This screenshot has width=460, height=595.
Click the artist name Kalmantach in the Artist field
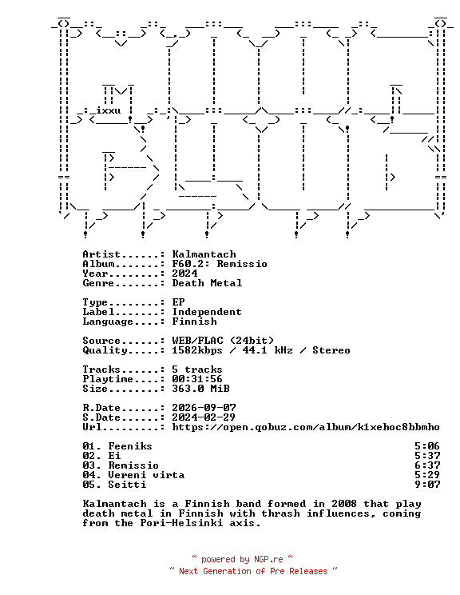tap(204, 254)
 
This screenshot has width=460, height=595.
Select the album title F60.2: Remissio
tap(220, 264)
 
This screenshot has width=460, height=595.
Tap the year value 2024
tap(184, 274)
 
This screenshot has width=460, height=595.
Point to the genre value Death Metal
tap(207, 282)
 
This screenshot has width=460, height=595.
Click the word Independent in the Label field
tap(207, 312)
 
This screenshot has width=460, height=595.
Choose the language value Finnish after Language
tap(194, 321)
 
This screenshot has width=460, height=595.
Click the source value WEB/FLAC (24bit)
tap(223, 341)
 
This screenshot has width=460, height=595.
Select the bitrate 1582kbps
tap(197, 349)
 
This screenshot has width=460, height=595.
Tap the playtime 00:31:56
tap(197, 379)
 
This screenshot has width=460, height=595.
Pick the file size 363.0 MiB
tap(200, 389)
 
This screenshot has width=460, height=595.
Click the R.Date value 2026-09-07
tap(204, 408)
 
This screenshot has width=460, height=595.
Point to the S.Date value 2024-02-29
tap(204, 417)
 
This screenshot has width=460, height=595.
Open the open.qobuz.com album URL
tap(306, 427)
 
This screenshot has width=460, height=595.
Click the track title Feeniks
tap(130, 446)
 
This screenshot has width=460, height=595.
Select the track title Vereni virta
tap(146, 475)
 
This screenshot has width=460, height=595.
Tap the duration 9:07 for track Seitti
tap(427, 485)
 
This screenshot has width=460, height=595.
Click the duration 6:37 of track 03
tap(427, 465)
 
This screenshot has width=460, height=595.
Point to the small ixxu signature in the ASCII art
tap(109, 110)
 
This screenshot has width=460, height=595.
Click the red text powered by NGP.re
tap(242, 559)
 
